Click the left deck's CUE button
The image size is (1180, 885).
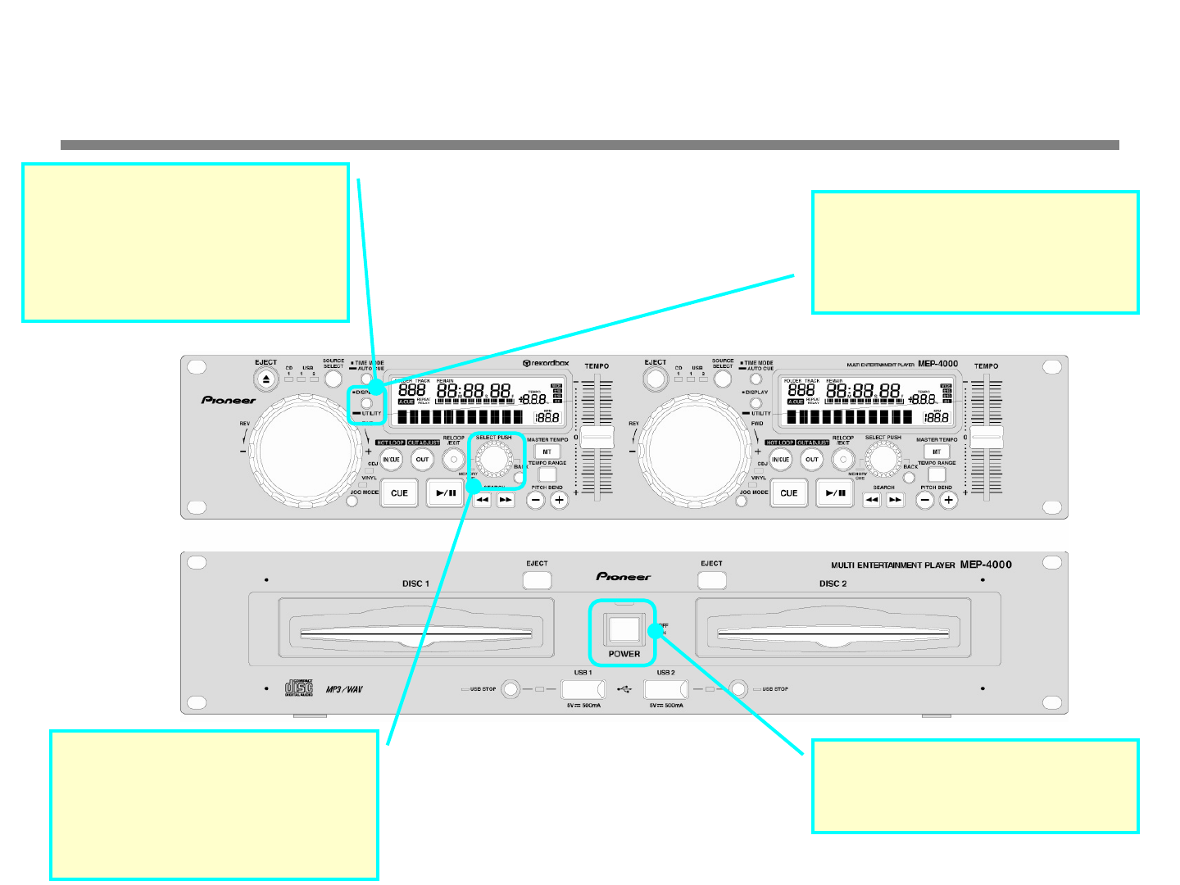399,493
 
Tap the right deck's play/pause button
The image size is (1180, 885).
835,493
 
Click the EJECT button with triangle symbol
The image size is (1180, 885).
265,379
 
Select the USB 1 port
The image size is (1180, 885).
583,689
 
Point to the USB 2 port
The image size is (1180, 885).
665,689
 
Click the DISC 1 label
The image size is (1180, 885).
415,583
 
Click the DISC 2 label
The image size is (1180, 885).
833,583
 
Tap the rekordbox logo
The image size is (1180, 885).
546,363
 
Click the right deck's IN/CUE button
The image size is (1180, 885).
781,460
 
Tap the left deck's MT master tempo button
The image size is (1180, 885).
547,452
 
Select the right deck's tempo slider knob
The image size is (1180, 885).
987,437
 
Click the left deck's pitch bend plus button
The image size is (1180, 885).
560,500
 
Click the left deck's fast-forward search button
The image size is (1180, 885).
506,500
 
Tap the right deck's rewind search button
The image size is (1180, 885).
872,500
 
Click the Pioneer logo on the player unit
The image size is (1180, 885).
624,577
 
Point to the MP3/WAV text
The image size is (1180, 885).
344,689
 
